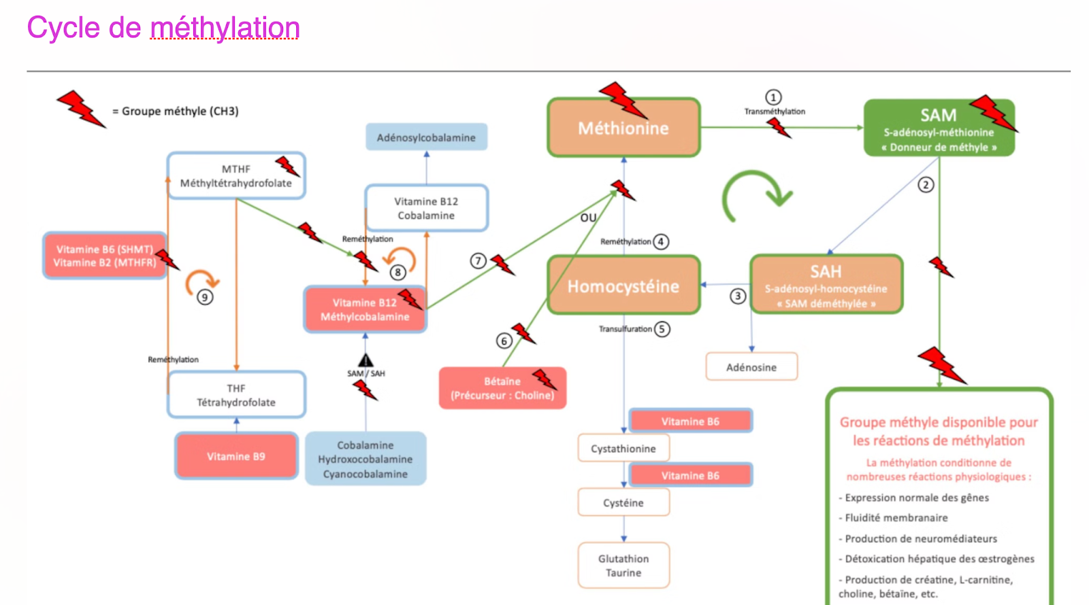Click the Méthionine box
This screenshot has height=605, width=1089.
click(x=623, y=128)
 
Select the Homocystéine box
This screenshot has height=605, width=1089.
click(x=623, y=286)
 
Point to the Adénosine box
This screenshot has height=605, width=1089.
click(x=751, y=367)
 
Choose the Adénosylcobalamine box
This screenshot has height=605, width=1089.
click(x=426, y=137)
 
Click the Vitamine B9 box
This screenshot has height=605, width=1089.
click(x=236, y=456)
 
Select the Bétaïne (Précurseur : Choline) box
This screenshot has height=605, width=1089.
click(x=502, y=388)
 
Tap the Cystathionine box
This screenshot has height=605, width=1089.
click(x=623, y=449)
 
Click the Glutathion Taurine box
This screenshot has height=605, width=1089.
click(x=623, y=566)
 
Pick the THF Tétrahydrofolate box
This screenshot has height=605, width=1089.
click(x=236, y=395)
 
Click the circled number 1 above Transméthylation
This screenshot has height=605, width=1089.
click(x=773, y=97)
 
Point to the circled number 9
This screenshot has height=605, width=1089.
click(x=205, y=297)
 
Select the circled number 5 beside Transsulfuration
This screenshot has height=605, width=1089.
click(x=662, y=329)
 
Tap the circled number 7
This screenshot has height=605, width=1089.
click(x=478, y=260)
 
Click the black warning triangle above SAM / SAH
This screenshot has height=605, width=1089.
click(x=365, y=360)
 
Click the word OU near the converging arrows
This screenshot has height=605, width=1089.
click(x=588, y=218)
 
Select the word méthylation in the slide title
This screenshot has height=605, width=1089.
click(x=225, y=28)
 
